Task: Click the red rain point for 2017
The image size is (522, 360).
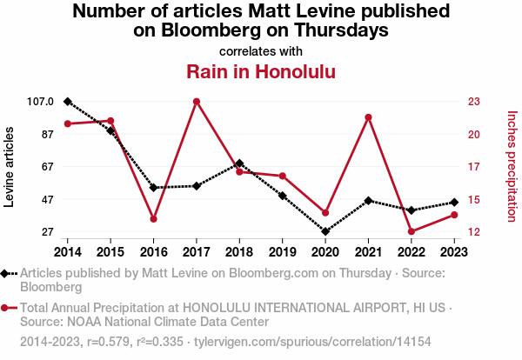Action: click(x=197, y=102)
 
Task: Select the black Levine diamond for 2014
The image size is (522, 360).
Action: click(x=68, y=102)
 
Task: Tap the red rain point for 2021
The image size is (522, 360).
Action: click(x=369, y=117)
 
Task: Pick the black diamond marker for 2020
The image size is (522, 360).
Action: click(x=325, y=232)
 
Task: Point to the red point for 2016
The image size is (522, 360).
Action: click(x=153, y=219)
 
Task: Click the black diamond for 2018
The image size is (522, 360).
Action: click(x=239, y=163)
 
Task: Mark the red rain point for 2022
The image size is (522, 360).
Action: click(x=412, y=231)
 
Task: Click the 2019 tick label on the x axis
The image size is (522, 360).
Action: click(x=282, y=252)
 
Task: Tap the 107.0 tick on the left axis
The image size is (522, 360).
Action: click(x=39, y=102)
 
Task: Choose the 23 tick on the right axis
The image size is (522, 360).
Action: click(x=473, y=102)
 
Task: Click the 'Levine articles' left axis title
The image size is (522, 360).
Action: click(x=10, y=167)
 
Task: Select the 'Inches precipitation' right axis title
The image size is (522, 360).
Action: click(x=511, y=166)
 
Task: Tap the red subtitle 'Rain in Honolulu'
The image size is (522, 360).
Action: click(x=261, y=70)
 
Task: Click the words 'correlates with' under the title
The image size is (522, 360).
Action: click(x=261, y=50)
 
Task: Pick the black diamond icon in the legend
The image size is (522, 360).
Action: click(x=7, y=273)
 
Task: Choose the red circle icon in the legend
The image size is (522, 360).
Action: click(x=7, y=308)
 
